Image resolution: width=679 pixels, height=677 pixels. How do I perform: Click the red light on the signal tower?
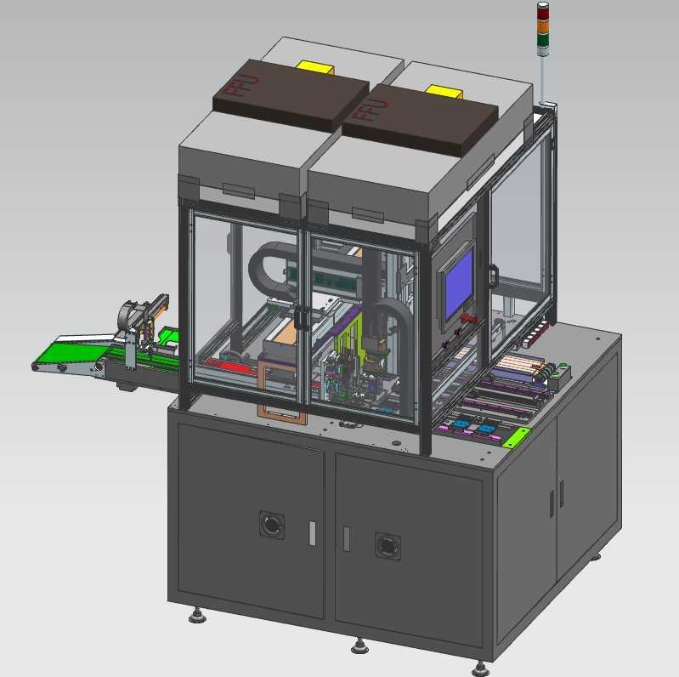543,14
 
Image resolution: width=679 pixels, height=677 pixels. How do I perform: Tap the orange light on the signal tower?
543,26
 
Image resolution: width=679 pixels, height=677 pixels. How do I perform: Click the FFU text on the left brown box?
243,87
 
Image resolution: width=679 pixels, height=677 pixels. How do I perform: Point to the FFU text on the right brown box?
372,111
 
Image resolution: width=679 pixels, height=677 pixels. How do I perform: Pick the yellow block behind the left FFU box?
314,66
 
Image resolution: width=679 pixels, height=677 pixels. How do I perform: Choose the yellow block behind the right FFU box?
444,92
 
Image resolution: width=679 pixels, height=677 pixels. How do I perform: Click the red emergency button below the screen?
469,319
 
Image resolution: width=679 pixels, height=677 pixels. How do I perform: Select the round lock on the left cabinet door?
272,525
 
